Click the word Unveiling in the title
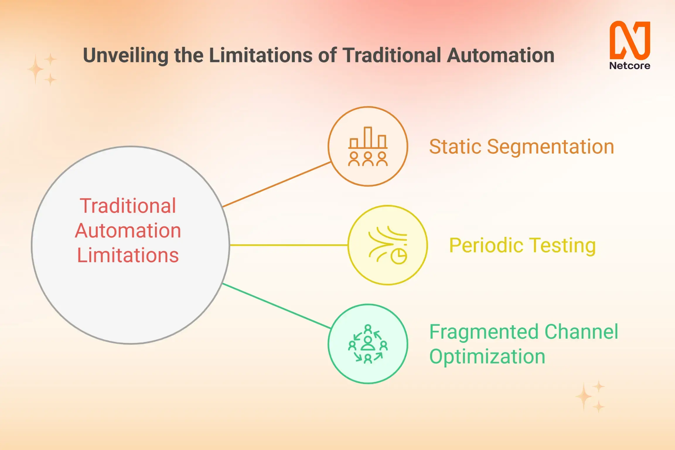(x=125, y=55)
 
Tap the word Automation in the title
(x=500, y=55)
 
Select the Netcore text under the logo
(x=630, y=66)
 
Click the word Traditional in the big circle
(x=128, y=206)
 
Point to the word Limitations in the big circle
(x=128, y=255)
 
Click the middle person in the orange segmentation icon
(x=368, y=159)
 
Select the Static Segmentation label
(x=521, y=146)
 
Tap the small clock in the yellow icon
(x=399, y=256)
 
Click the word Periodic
(x=486, y=245)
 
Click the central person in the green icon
(x=368, y=344)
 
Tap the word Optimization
(x=487, y=357)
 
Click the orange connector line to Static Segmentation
(x=277, y=185)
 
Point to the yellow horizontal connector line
(x=289, y=245)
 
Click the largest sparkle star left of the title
(x=36, y=69)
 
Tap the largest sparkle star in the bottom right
(x=584, y=397)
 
